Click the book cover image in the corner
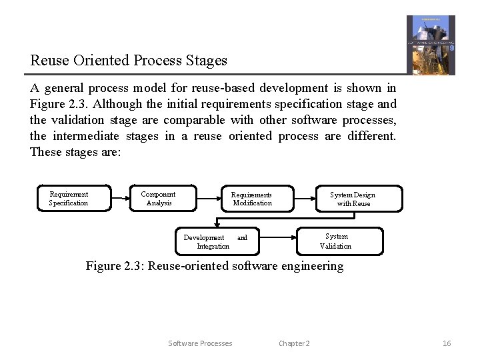coord(431,45)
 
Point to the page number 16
coord(447,343)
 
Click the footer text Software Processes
coord(200,343)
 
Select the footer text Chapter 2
coord(294,343)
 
